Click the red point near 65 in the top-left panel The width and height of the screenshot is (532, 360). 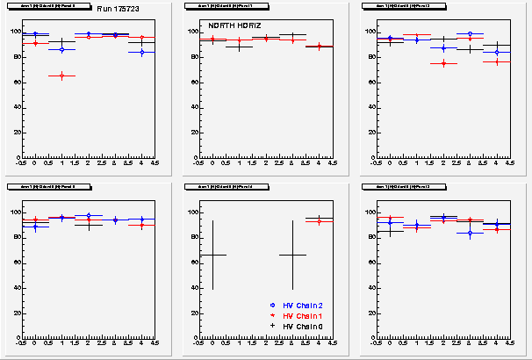pyautogui.click(x=61, y=76)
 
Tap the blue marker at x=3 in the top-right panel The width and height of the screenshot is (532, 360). pyautogui.click(x=470, y=34)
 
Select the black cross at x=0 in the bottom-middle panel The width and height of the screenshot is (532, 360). pyautogui.click(x=213, y=255)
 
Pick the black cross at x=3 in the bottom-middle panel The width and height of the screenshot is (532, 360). pyautogui.click(x=292, y=255)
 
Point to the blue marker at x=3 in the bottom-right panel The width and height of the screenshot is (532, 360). pyautogui.click(x=470, y=233)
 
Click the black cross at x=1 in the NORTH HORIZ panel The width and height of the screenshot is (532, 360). pyautogui.click(x=239, y=46)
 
